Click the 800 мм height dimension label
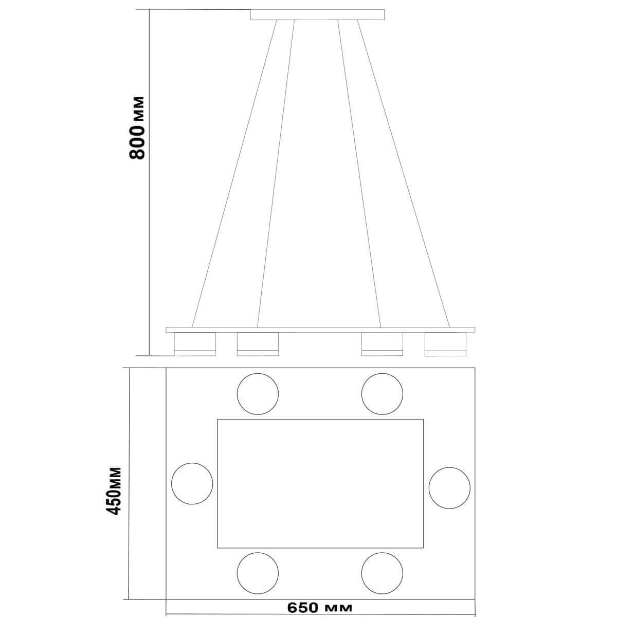[137, 128]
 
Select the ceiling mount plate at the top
[317, 15]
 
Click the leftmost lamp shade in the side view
[195, 344]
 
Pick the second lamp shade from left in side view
[258, 344]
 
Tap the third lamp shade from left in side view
[383, 344]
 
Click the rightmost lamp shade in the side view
[445, 344]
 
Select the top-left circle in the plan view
[258, 394]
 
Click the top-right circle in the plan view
[383, 394]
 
